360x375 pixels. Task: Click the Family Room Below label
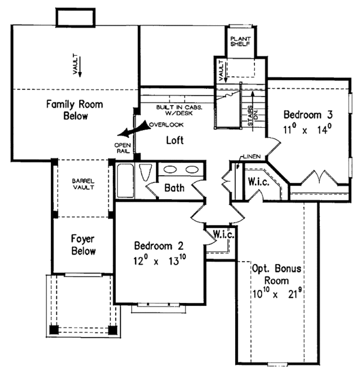tap(75, 110)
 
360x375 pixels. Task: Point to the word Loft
tap(174, 140)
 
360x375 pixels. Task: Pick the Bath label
tap(174, 188)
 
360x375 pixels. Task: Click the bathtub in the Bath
tap(127, 180)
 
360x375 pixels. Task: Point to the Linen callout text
tap(250, 157)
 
